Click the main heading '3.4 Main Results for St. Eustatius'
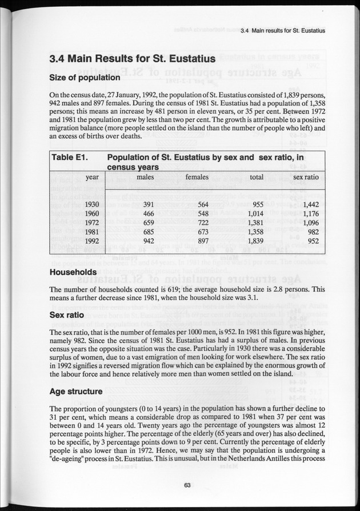(132, 59)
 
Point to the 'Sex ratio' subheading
(67, 315)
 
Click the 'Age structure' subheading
(76, 392)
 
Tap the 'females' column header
(197, 177)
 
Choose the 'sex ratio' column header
(306, 177)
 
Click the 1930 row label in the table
(92, 204)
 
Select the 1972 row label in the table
(92, 223)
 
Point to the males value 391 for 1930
(149, 204)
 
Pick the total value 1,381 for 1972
(252, 223)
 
